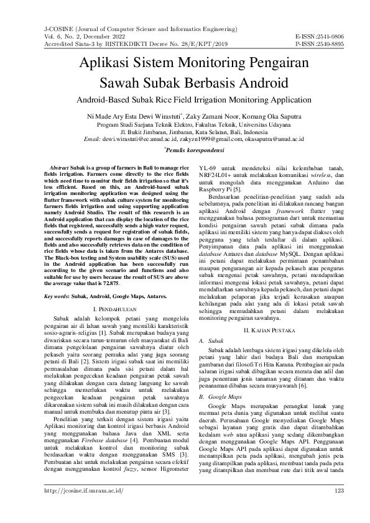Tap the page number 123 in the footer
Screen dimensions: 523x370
point(340,509)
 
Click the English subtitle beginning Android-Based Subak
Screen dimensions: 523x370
point(185,99)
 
